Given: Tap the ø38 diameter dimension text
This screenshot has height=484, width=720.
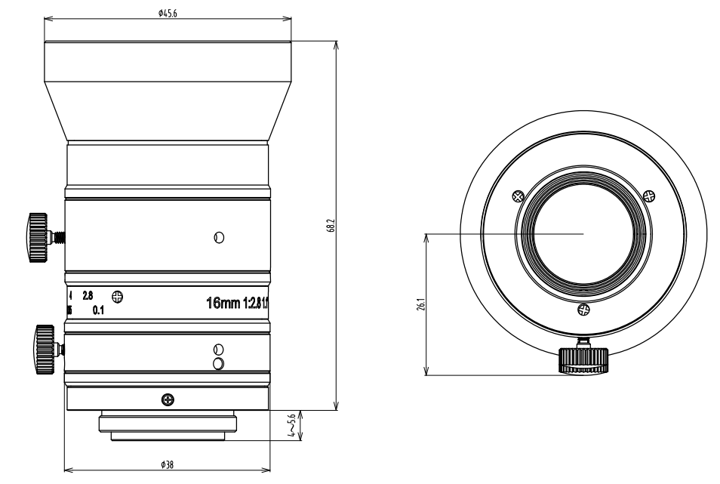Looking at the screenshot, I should (168, 465).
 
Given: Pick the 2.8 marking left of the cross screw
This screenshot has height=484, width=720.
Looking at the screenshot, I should (88, 296).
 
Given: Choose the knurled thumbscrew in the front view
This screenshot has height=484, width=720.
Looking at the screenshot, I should (583, 361).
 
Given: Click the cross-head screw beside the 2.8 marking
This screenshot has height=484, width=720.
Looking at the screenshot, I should (117, 296).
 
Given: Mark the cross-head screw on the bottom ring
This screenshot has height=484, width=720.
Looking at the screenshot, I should (167, 399).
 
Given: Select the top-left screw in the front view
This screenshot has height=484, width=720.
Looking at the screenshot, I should (517, 196).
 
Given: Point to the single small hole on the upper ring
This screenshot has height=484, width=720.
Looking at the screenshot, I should (219, 237).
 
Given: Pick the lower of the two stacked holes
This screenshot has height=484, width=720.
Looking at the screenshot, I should (219, 364).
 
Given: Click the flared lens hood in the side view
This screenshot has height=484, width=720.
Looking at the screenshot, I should (168, 91).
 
